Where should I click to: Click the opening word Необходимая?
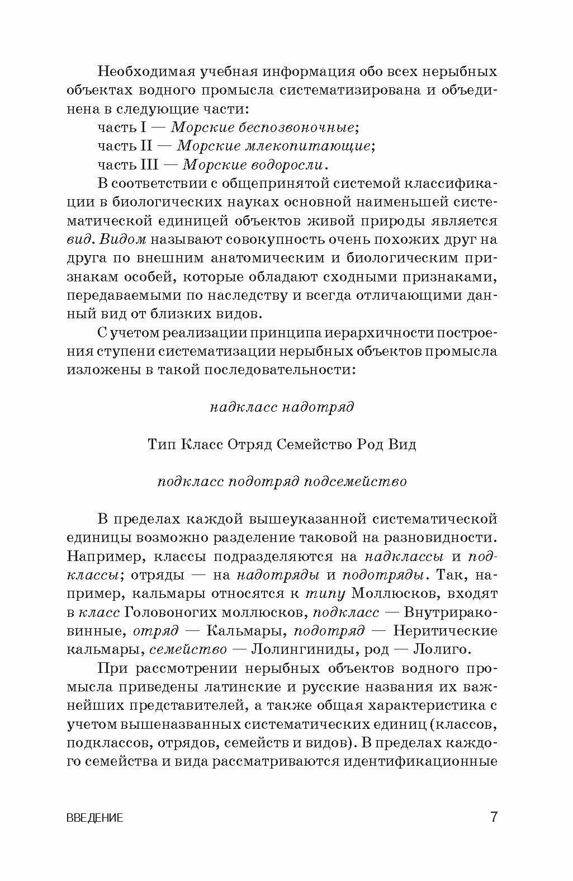click(x=148, y=72)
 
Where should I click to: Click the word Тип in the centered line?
click(x=161, y=445)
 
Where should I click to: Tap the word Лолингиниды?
click(x=300, y=649)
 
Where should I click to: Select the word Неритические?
click(x=445, y=630)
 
